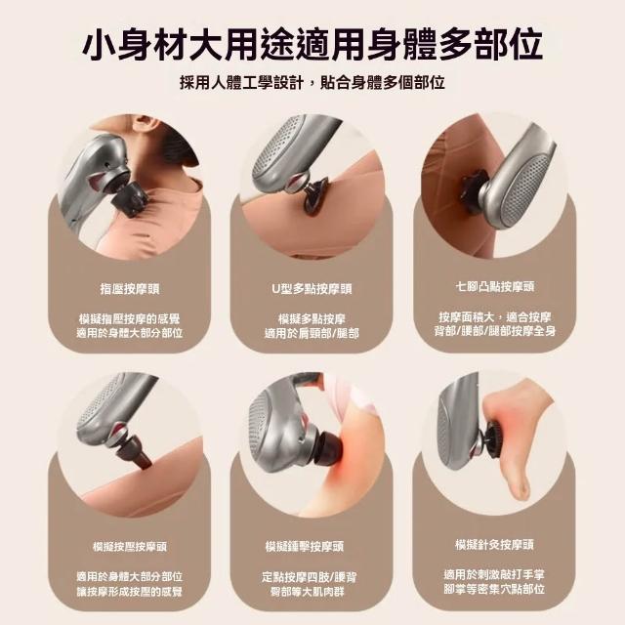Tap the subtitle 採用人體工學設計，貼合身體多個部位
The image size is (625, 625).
(312, 82)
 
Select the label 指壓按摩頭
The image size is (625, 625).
(130, 289)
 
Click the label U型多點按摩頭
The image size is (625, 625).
(312, 289)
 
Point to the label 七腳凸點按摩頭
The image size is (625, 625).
(494, 286)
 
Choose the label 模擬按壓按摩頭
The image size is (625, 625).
(130, 547)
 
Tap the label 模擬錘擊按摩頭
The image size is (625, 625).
(304, 547)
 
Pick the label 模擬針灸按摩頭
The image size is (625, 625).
(494, 545)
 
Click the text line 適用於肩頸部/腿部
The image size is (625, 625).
(312, 333)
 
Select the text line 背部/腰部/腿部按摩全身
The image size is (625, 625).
(495, 331)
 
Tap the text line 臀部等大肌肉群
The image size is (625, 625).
(308, 592)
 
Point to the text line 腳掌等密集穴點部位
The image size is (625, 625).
(494, 589)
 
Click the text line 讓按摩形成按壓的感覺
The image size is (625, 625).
(130, 592)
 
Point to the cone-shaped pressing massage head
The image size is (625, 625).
(136, 453)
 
